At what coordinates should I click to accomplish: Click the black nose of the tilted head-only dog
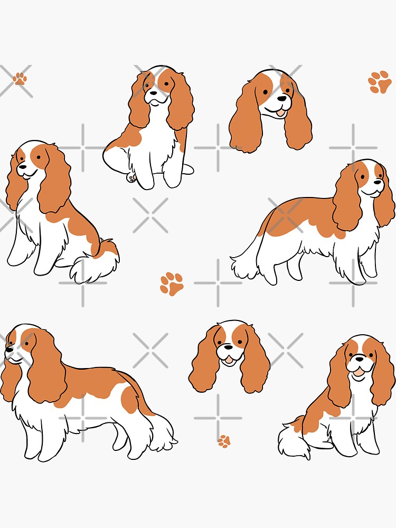point(284,98)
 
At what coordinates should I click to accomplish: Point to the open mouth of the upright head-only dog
point(229,360)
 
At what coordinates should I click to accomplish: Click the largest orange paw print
point(380,82)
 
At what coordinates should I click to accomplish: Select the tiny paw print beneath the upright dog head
point(224,441)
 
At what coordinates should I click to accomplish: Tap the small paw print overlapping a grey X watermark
point(20,79)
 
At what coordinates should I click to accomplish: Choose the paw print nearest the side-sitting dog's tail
point(172,284)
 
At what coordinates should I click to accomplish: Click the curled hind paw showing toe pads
point(130,178)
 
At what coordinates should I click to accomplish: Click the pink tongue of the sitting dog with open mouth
point(359,373)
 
